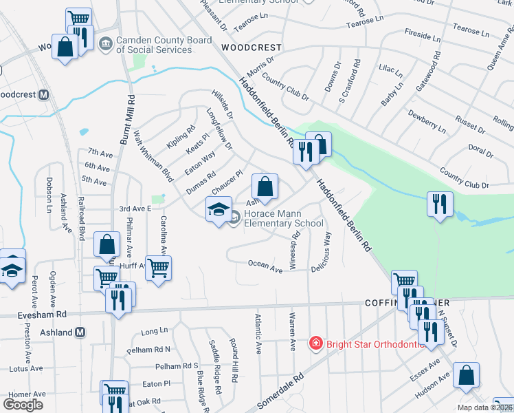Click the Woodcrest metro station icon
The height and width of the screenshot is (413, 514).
(x=43, y=94)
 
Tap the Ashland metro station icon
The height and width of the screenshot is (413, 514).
(x=80, y=332)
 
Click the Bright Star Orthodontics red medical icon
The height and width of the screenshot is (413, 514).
(x=316, y=342)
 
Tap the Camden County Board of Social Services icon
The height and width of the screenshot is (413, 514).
(x=106, y=45)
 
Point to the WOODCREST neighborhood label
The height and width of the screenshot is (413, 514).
(x=252, y=47)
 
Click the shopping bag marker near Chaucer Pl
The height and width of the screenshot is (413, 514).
(x=265, y=186)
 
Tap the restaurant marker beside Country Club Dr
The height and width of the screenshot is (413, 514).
(x=438, y=204)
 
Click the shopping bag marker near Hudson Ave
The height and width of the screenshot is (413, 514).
(x=466, y=375)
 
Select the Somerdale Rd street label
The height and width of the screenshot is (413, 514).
(x=280, y=390)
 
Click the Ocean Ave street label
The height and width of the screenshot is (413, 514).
(x=265, y=266)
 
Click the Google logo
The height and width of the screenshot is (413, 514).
(x=23, y=405)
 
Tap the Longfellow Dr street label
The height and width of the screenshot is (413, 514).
(x=220, y=128)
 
